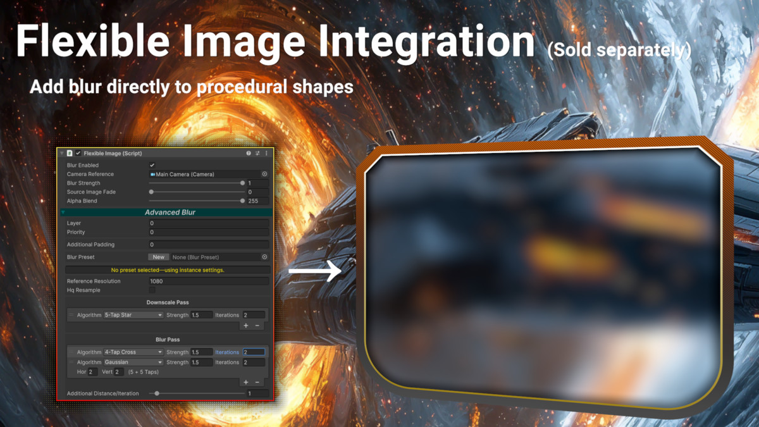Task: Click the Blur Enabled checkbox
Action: pyautogui.click(x=152, y=165)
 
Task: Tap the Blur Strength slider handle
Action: pyautogui.click(x=242, y=183)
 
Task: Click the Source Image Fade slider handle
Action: pyautogui.click(x=151, y=192)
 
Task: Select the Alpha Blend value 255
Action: pyautogui.click(x=258, y=201)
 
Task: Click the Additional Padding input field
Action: pyautogui.click(x=209, y=244)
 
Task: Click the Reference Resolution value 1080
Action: pyautogui.click(x=209, y=281)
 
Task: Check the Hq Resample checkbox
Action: pyautogui.click(x=152, y=290)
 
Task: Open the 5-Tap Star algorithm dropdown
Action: pyautogui.click(x=133, y=315)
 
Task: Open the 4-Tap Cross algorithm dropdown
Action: pyautogui.click(x=133, y=352)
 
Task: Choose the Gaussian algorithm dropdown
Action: pyautogui.click(x=133, y=362)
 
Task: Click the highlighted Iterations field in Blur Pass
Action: pyautogui.click(x=254, y=352)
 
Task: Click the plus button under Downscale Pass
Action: pyautogui.click(x=246, y=326)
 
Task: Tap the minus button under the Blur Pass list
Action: pyautogui.click(x=257, y=382)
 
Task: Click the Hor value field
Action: pyautogui.click(x=92, y=372)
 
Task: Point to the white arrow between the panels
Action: pyautogui.click(x=315, y=271)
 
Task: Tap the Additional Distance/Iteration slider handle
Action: pyautogui.click(x=157, y=393)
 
